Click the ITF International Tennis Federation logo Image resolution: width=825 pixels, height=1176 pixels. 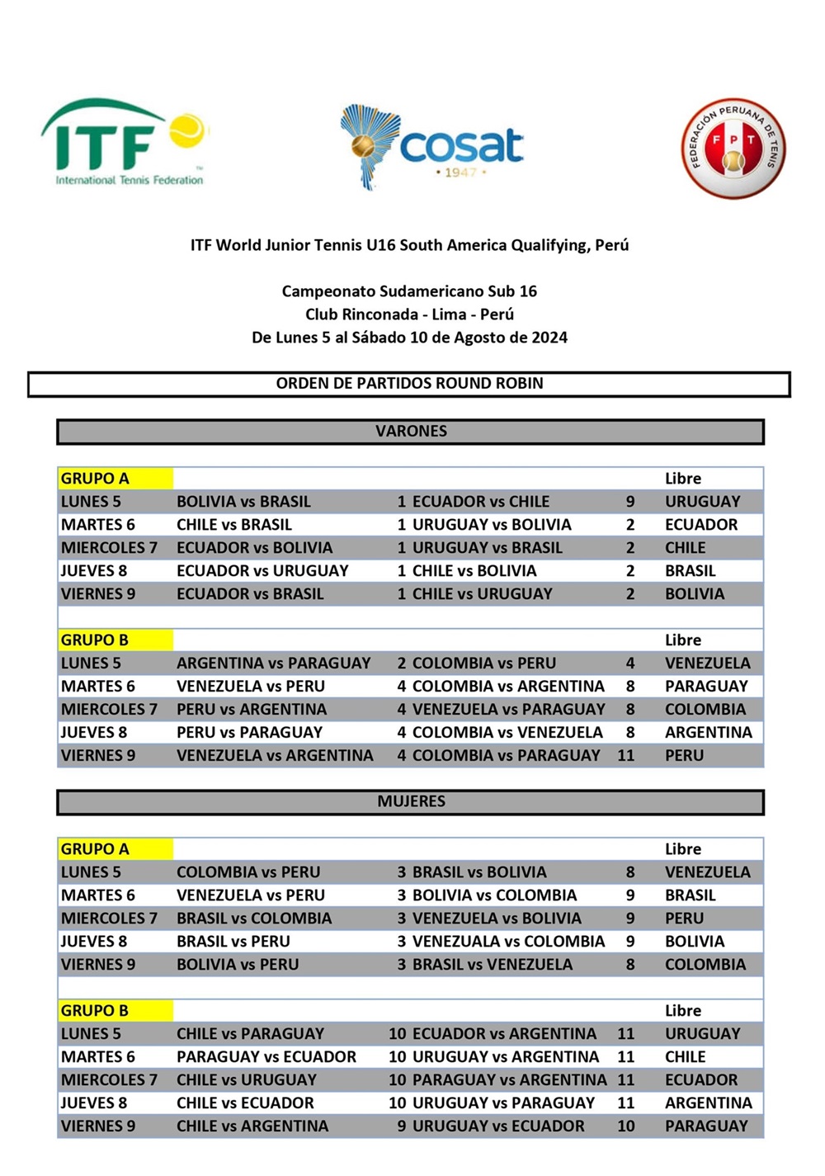pos(124,143)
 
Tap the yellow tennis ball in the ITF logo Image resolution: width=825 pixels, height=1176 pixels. pos(187,130)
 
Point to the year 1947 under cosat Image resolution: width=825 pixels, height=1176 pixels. pos(460,172)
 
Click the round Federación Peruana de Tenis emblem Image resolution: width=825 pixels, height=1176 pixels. pos(733,149)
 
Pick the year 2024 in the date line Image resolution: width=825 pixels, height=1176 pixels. pos(549,337)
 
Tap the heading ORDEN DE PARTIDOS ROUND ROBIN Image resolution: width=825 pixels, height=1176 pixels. pos(409,383)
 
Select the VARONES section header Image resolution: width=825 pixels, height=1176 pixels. pos(411,431)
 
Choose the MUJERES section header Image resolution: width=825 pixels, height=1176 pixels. pos(411,801)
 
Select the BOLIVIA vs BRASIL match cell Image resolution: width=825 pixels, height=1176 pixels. pos(243,502)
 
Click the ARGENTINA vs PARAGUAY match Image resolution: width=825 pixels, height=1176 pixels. pos(273,664)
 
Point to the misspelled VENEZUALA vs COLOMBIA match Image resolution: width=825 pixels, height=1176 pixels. pos(508,942)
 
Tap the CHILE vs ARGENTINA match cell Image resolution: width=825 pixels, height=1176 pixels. pos(252,1126)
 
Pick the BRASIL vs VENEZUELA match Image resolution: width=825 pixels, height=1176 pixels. pos(492,965)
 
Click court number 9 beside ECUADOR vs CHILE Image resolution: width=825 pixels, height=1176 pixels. pos(630,502)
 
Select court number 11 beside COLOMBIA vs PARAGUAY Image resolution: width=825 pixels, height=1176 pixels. pos(626,756)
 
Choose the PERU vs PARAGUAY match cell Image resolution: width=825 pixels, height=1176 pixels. pos(249,733)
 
